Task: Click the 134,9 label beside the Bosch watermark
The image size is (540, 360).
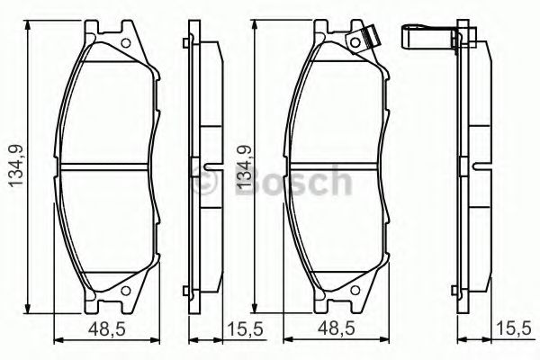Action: click(240, 167)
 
